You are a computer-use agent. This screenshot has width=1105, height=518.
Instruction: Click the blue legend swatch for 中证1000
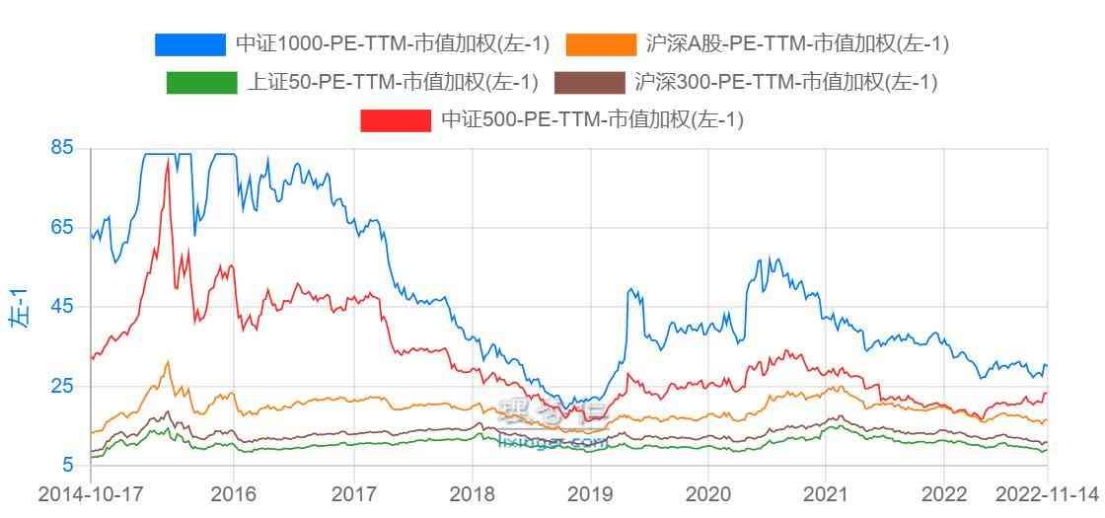point(189,44)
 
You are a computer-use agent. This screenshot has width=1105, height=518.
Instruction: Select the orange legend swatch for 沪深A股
point(601,44)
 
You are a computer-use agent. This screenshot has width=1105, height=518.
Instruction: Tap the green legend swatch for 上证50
point(201,83)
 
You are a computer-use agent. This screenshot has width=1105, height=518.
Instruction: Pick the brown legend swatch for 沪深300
point(589,83)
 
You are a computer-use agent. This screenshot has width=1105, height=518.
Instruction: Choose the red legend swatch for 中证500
point(396,120)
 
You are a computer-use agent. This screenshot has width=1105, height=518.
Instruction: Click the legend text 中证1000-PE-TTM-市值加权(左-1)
point(392,44)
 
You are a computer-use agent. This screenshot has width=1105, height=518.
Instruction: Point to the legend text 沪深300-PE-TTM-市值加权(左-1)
point(785,83)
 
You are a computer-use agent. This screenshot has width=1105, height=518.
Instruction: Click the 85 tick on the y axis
point(61,149)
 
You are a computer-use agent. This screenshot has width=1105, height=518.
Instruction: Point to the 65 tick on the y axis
point(61,228)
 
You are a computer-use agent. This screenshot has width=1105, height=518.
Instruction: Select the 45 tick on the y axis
point(61,307)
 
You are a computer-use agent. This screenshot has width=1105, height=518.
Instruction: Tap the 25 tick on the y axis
point(61,386)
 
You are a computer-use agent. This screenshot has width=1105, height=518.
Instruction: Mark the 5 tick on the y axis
point(68,465)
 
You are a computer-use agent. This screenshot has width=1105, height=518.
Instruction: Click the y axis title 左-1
point(18,307)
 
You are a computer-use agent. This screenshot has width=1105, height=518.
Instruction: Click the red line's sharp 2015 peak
point(169,160)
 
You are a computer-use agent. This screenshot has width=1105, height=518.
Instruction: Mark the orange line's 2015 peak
point(168,361)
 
